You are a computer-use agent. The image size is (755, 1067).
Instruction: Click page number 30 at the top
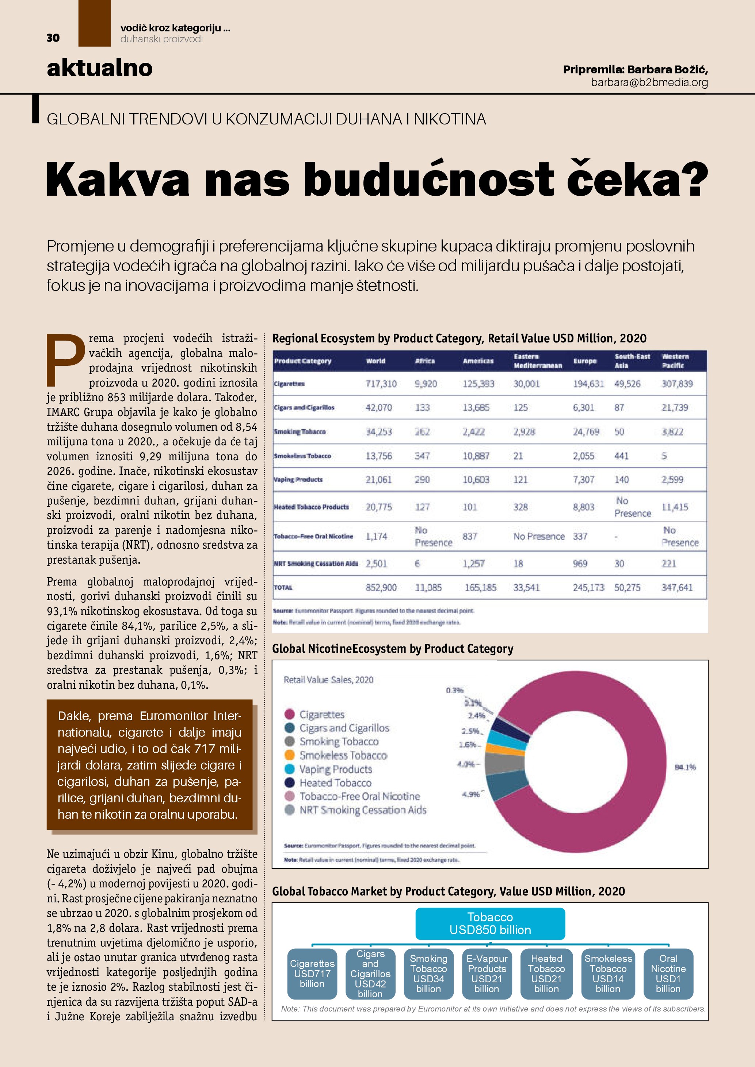point(53,38)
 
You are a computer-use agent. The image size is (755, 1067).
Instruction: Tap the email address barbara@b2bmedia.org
point(649,83)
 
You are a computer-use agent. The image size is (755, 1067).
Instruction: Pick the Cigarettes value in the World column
point(381,383)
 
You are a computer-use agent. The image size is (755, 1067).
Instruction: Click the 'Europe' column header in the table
point(584,361)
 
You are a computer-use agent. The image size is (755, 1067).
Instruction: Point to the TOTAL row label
point(283,587)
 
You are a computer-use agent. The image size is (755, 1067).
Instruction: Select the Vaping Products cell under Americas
point(476,480)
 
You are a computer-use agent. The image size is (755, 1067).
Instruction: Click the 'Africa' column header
point(424,361)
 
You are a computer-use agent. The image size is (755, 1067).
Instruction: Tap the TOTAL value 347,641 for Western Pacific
point(677,587)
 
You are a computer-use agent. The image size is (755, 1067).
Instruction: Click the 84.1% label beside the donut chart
point(685,767)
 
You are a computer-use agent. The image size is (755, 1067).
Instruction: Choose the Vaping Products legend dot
point(290,769)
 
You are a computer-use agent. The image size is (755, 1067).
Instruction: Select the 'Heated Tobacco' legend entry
point(335,783)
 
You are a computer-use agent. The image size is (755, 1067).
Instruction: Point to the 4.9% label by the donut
point(470,795)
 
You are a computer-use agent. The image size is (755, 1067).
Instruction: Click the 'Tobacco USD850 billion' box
point(490,924)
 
